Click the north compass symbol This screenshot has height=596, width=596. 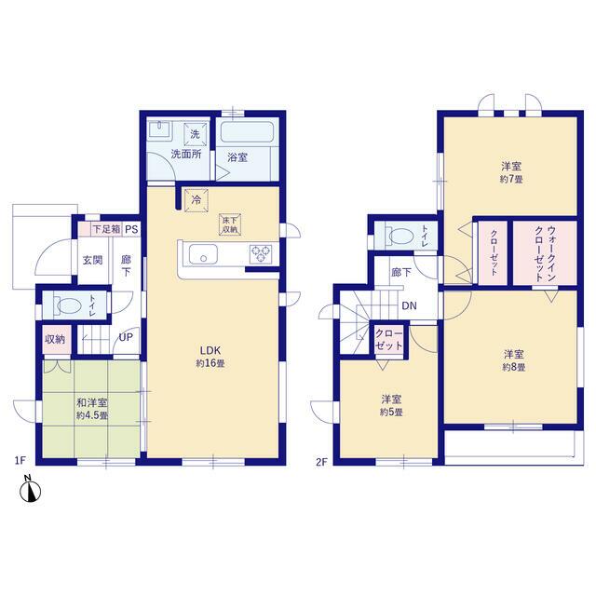31,491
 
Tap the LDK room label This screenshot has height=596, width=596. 210,350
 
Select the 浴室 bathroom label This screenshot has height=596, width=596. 237,157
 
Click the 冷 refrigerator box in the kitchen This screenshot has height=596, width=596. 196,200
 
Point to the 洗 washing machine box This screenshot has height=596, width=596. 195,134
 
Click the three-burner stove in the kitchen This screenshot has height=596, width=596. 261,254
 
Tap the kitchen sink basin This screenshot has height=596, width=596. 203,254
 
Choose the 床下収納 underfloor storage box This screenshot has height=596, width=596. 230,224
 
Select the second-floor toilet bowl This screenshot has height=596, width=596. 400,236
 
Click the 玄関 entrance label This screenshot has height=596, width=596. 93,261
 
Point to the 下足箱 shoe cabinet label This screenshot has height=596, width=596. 107,229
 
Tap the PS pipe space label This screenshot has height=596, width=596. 131,230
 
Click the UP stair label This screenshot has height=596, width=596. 126,337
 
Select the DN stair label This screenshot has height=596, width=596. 410,305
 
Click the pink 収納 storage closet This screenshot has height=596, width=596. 57,340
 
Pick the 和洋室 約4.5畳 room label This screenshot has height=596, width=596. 92,409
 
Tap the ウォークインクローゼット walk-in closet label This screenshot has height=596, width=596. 545,252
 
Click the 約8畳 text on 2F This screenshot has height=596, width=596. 514,368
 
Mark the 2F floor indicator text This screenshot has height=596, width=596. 321,462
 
